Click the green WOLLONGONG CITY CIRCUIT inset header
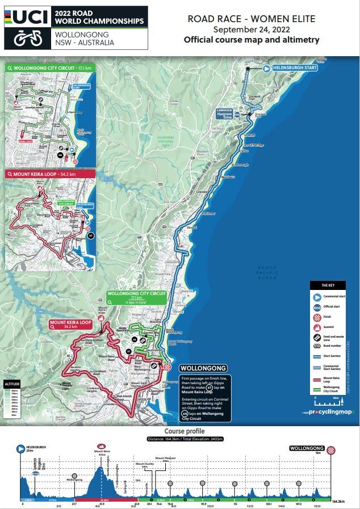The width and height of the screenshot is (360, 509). click(x=49, y=67)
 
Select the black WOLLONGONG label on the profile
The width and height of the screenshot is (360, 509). click(x=307, y=448)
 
